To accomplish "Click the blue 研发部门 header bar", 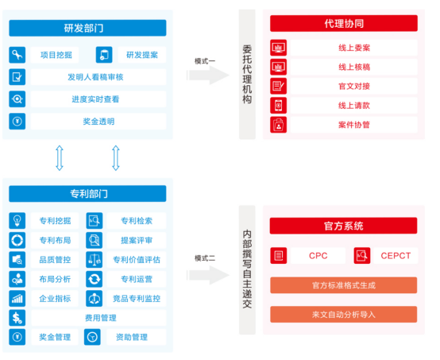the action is [87, 28].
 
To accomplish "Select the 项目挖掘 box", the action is [55, 55].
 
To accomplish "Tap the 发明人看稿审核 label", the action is [95, 77].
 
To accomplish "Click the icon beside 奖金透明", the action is [17, 122].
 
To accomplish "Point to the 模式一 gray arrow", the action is [208, 75].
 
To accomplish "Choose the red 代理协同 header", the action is [344, 23].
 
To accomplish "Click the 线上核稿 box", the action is [354, 67].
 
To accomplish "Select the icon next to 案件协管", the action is [278, 125].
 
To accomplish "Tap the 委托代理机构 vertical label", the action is [247, 75].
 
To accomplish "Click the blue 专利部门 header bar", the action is [87, 194].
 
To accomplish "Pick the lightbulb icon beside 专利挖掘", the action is [17, 221].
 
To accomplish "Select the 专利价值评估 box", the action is [137, 260].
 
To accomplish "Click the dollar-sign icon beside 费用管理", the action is [17, 318].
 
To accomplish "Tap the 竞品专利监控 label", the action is [137, 299].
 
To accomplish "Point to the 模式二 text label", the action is [205, 258].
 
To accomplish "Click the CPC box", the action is [318, 256].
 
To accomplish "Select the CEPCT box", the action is [396, 256].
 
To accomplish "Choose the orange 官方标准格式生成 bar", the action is [343, 285].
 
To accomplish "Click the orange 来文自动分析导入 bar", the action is [343, 315].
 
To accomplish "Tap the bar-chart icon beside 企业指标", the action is [17, 298].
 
